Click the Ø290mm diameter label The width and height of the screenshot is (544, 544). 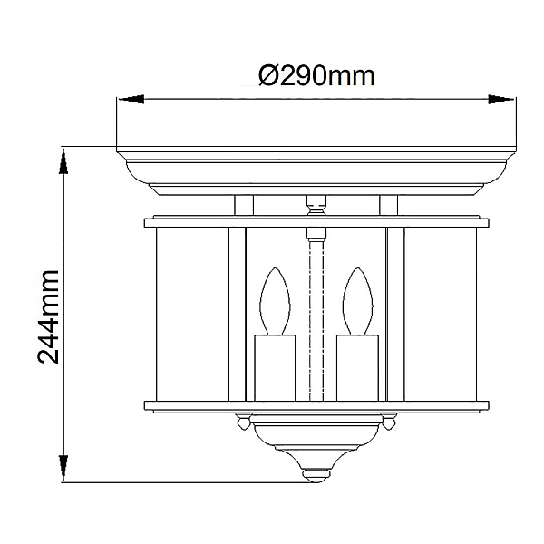tap(316, 75)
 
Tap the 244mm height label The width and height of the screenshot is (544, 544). tap(48, 316)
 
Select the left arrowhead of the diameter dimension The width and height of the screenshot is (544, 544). tap(131, 99)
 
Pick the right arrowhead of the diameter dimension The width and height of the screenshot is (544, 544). tap(501, 99)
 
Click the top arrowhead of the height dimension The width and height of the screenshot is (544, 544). tap(63, 161)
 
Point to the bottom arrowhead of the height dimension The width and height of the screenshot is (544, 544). tap(63, 467)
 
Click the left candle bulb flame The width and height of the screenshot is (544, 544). tap(275, 301)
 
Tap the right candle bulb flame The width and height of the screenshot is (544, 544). tap(358, 301)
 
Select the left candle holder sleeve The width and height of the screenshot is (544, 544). tap(275, 368)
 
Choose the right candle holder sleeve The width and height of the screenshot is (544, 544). tap(357, 368)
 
